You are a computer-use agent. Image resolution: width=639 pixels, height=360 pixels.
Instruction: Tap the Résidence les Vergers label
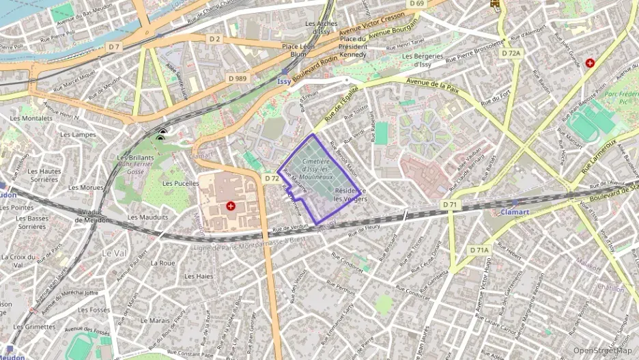pyautogui.click(x=351, y=195)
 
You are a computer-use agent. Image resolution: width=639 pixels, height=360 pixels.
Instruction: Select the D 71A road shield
pyautogui.click(x=479, y=251)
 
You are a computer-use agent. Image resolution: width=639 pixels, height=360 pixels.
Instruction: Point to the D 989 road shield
pyautogui.click(x=237, y=79)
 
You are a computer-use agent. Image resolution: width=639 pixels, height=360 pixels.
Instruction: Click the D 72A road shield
pyautogui.click(x=510, y=53)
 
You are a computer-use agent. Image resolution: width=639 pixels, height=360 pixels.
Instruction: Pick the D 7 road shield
pyautogui.click(x=113, y=46)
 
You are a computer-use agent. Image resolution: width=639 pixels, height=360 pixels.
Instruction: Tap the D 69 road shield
pyautogui.click(x=416, y=4)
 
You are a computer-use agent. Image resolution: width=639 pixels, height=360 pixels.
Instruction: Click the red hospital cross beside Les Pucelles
pyautogui.click(x=231, y=206)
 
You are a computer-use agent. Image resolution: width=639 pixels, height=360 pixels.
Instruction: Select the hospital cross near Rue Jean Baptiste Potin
pyautogui.click(x=590, y=63)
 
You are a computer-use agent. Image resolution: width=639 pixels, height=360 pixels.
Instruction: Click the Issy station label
pyautogui.click(x=284, y=81)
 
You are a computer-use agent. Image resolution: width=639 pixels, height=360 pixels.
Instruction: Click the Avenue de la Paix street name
pyautogui.click(x=431, y=85)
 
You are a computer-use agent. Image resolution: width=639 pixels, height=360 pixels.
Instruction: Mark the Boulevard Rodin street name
pyautogui.click(x=317, y=68)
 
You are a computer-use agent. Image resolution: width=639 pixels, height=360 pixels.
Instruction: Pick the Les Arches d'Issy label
pyautogui.click(x=321, y=27)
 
